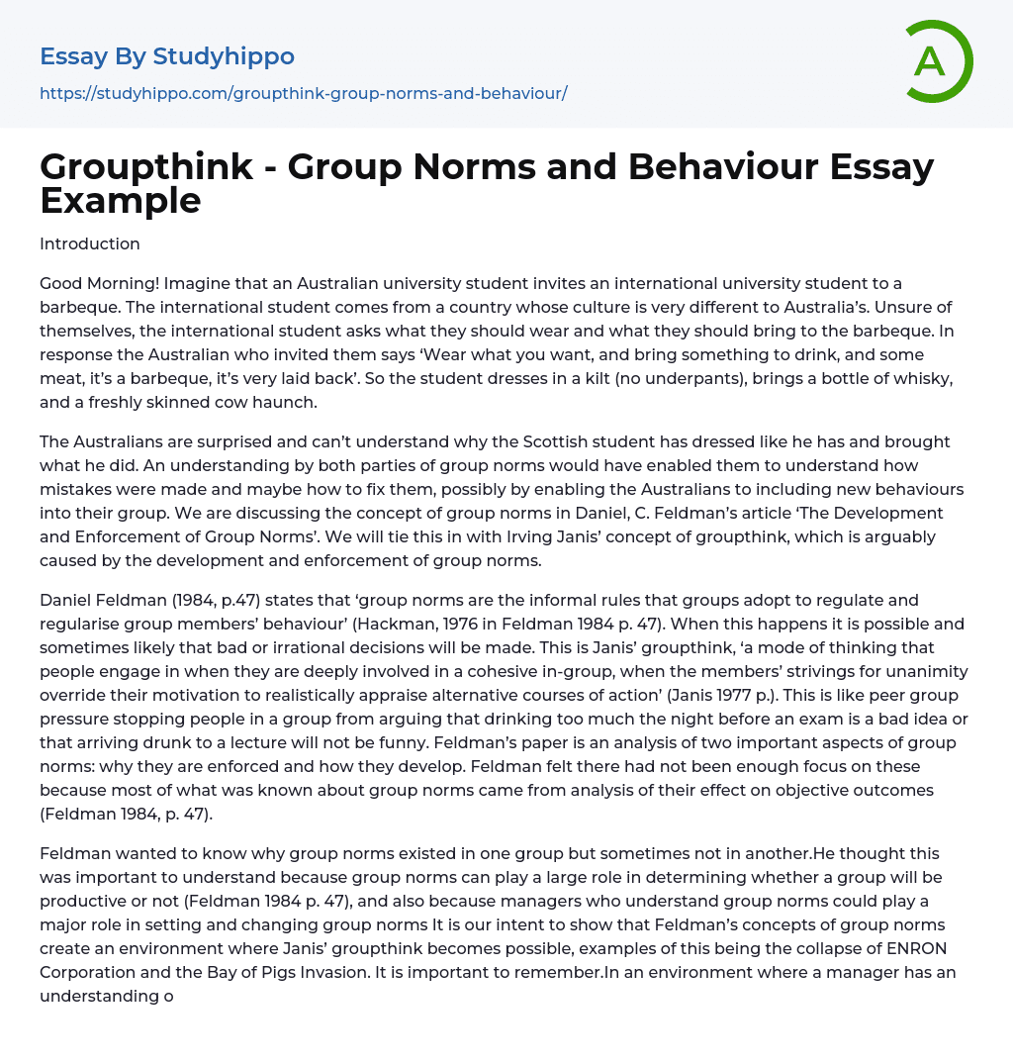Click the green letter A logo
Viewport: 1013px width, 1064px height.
coord(937,61)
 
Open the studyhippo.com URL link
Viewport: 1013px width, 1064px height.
coord(303,93)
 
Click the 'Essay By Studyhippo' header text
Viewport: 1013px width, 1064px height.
coord(167,56)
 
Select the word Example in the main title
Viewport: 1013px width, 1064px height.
coord(120,200)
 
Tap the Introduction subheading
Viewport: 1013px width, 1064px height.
coord(90,243)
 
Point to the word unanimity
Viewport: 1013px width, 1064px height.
coord(927,671)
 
